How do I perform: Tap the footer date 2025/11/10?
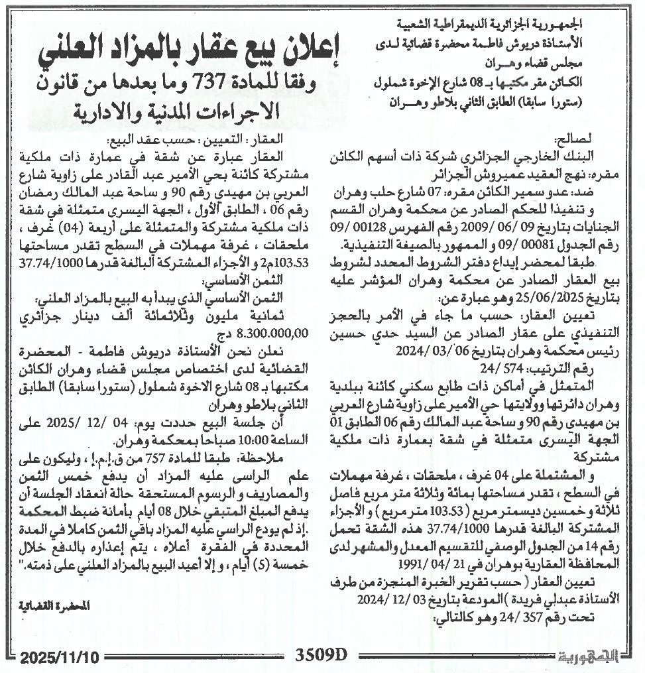(x=59, y=658)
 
